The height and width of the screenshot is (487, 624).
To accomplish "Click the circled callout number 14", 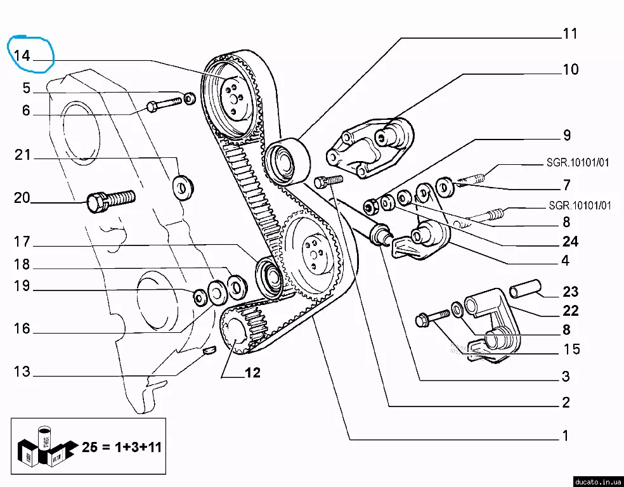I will click(x=22, y=56).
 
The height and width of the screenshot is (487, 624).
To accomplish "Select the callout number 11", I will click(x=570, y=34).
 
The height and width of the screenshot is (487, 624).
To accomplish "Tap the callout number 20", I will click(x=22, y=198).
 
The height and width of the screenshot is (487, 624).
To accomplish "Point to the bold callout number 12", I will click(x=252, y=373).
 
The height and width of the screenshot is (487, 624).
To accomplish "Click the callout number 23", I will click(x=570, y=292).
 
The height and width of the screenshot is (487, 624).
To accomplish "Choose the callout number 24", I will click(x=569, y=241).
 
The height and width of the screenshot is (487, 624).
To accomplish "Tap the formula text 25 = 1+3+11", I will click(x=122, y=447).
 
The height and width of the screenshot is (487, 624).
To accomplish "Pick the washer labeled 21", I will click(x=184, y=187).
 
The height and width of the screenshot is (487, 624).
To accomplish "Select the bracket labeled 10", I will click(x=368, y=149).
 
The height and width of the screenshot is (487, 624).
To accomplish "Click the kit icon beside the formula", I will click(x=45, y=446).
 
